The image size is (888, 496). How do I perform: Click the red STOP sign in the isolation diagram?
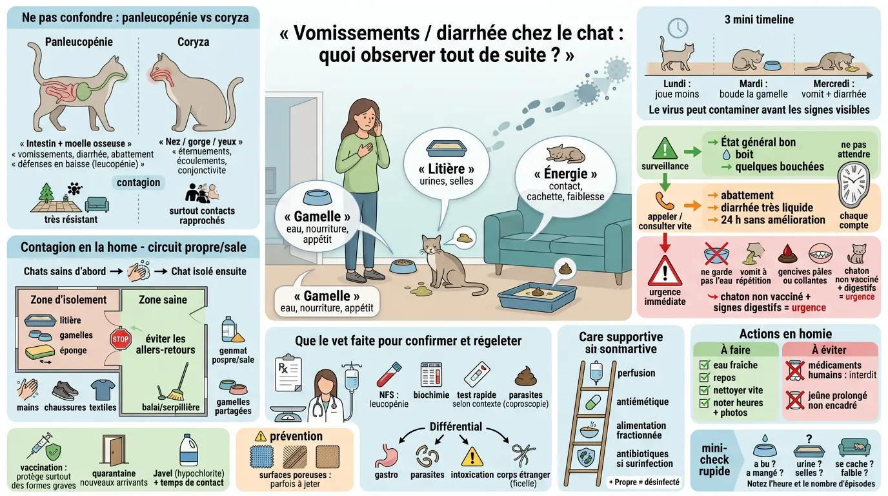coord(121,339)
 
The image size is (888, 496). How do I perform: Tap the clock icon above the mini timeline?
coord(678,28)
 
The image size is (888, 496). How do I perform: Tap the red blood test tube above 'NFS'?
coord(389,374)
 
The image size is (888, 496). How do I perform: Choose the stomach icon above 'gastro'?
coord(386,455)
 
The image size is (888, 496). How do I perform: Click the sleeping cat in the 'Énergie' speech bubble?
coord(565,154)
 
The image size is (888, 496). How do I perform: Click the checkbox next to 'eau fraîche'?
coord(705,366)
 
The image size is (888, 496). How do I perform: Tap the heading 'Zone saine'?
coord(163,300)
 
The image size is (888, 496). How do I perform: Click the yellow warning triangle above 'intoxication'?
coord(472,456)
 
